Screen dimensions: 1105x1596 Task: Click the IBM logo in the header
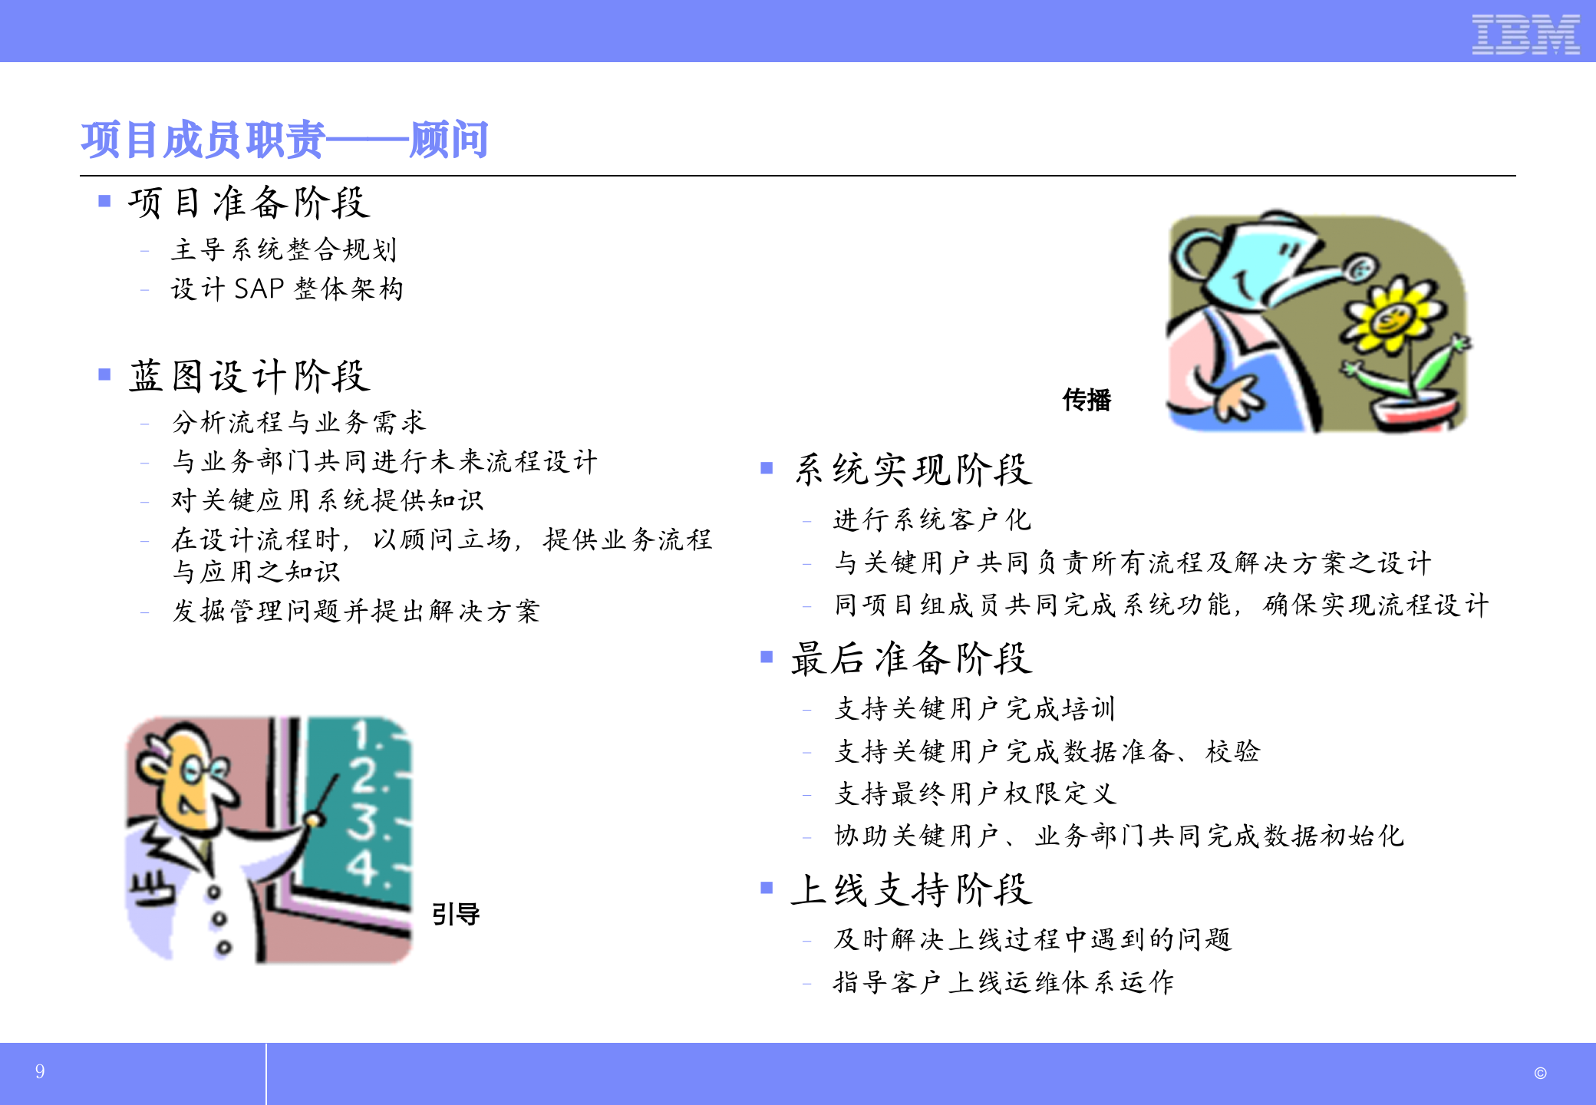click(x=1525, y=35)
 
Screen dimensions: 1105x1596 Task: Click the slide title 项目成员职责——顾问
click(x=285, y=140)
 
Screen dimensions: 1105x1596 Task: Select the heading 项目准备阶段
click(x=249, y=203)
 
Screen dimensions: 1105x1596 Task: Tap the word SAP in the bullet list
click(x=259, y=289)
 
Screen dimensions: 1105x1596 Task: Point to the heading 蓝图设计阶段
click(x=249, y=376)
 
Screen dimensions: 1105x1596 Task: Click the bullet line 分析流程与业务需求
click(x=298, y=422)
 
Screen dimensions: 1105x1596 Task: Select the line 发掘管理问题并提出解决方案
click(x=356, y=611)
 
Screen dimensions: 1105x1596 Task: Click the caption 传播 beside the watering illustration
click(x=1087, y=400)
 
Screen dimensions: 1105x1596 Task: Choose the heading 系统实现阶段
click(x=913, y=470)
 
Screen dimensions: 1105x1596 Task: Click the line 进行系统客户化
click(x=932, y=520)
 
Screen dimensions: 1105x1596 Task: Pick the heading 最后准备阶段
click(x=912, y=658)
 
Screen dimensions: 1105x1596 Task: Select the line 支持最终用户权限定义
click(x=975, y=793)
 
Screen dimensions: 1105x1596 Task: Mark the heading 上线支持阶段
click(x=912, y=890)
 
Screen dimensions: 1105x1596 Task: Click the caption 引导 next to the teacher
click(x=456, y=914)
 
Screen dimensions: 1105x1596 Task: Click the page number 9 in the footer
click(x=40, y=1071)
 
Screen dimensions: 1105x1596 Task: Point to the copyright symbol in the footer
click(x=1540, y=1074)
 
